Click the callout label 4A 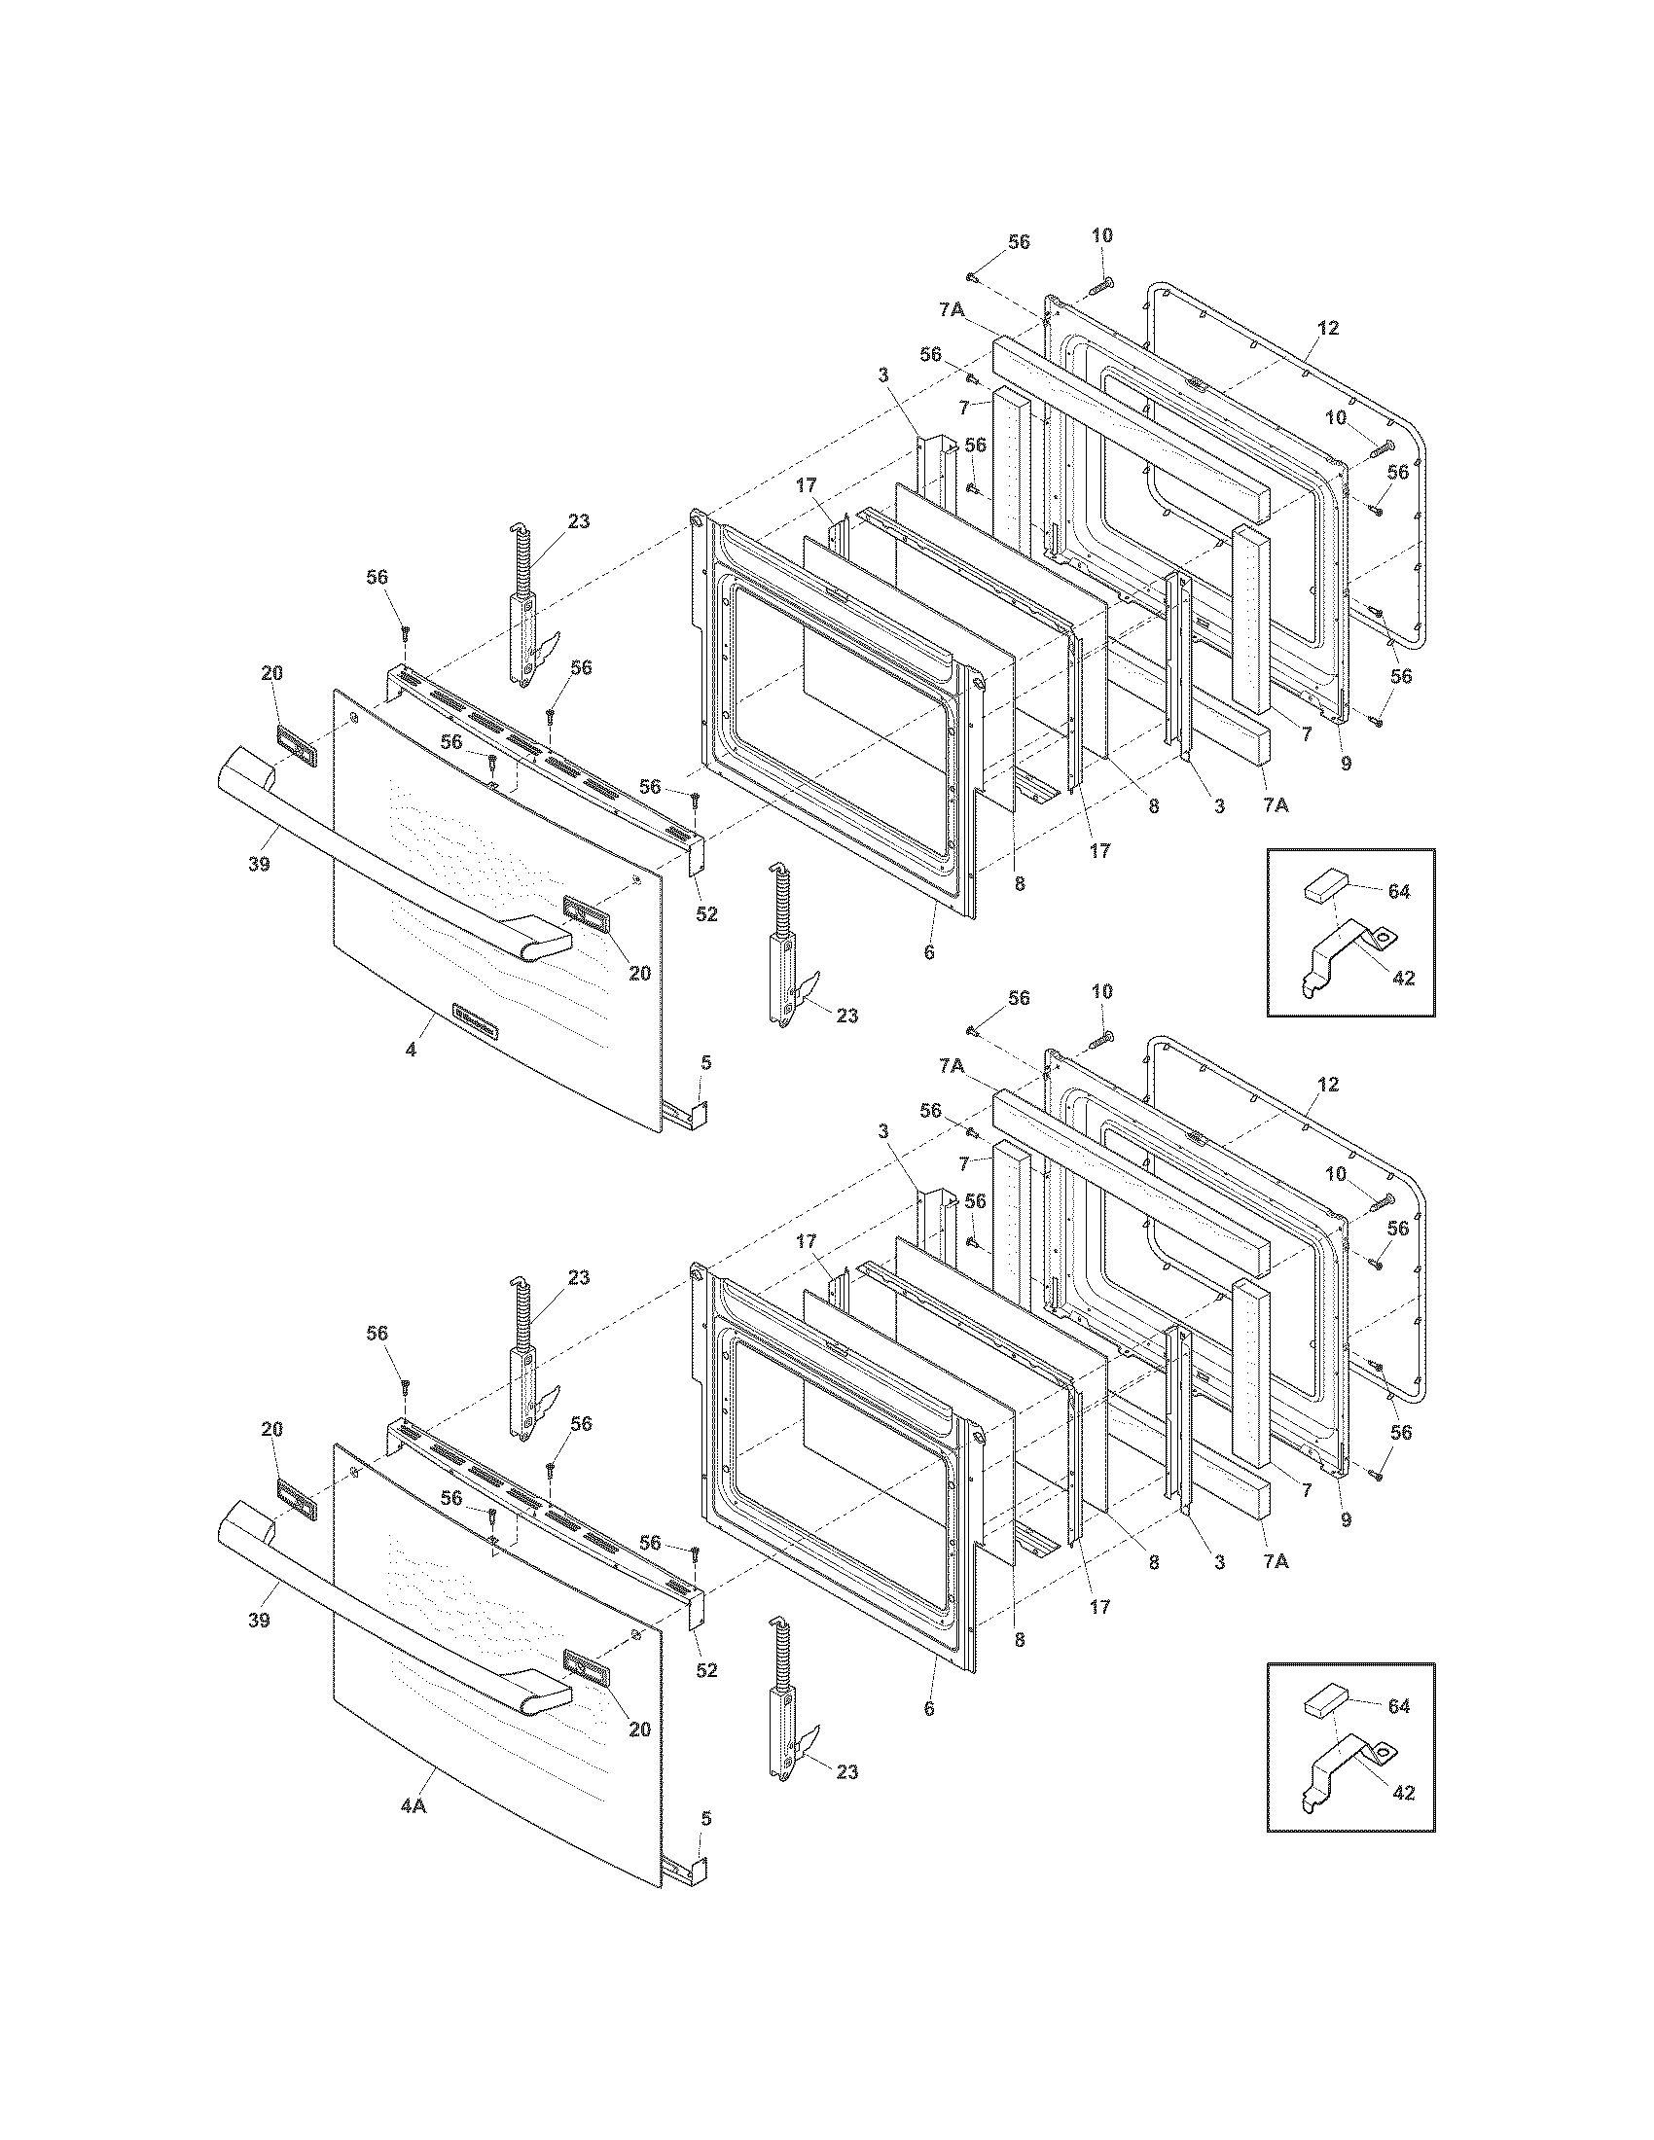click(413, 1807)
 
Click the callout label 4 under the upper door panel click(412, 1050)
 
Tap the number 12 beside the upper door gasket click(1328, 328)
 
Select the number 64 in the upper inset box click(1398, 892)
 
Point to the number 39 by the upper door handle click(259, 864)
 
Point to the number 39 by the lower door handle click(259, 1621)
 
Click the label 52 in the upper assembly click(706, 914)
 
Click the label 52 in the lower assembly click(706, 1670)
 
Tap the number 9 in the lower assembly click(1346, 1519)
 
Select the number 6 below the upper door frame click(929, 951)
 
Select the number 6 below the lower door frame click(929, 1708)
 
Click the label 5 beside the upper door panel click(706, 1062)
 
